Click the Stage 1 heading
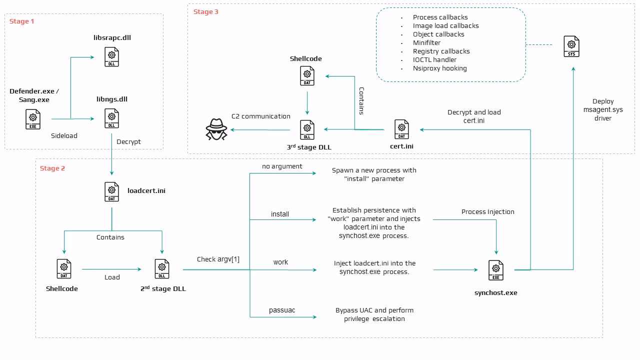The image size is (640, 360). click(21, 21)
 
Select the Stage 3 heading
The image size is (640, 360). click(205, 11)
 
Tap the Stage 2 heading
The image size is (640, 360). click(52, 168)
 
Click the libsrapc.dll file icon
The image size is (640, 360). click(111, 57)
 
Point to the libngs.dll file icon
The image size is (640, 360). click(111, 118)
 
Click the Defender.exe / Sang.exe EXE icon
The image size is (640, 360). click(33, 119)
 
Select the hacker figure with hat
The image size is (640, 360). click(216, 129)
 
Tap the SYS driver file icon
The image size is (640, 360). click(571, 46)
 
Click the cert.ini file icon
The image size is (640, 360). click(401, 129)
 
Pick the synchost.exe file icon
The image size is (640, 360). click(496, 270)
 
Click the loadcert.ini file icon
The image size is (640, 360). click(111, 191)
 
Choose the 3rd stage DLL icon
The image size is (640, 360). click(307, 129)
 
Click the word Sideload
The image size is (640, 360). click(64, 135)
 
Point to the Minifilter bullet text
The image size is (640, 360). click(426, 43)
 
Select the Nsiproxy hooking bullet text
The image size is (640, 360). click(439, 68)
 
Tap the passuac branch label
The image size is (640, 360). click(282, 310)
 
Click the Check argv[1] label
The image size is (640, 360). click(218, 259)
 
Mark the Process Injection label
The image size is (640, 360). click(487, 211)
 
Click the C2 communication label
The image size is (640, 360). click(261, 116)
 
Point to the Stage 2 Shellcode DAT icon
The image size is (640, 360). click(64, 269)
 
